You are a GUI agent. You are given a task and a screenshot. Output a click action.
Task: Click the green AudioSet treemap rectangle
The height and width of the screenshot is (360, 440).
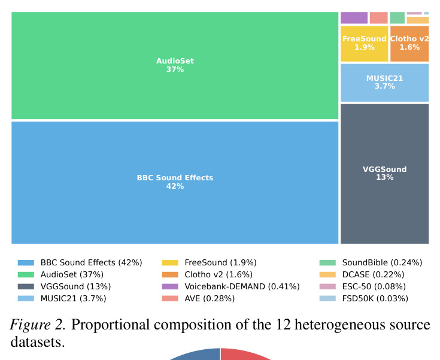coord(175,65)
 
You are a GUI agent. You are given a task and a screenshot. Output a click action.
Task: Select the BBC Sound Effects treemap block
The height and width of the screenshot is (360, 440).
coord(175,183)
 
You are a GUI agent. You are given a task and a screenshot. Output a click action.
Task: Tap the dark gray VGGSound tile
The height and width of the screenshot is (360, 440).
coord(385,174)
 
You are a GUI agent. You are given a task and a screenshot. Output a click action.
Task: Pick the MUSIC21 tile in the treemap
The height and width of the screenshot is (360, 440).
coord(385,83)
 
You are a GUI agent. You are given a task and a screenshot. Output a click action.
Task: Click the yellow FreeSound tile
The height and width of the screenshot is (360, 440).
coord(365,44)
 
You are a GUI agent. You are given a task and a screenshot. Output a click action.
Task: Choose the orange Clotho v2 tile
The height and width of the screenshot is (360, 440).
coord(409,44)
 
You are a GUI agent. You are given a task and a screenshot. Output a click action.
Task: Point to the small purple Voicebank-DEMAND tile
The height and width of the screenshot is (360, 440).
coord(354,18)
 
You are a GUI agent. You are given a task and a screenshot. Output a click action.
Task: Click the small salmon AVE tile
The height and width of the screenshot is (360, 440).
coord(378,18)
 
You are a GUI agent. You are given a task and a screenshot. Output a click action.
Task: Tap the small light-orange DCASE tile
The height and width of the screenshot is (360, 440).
coord(418,20)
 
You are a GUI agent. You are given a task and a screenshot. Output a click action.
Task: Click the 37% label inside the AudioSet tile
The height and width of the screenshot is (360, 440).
coord(175,69)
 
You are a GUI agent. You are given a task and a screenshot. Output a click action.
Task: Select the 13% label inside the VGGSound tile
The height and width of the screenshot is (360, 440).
coord(385,177)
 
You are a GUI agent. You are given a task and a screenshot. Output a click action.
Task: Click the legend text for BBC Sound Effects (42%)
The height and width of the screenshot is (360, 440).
coord(92,262)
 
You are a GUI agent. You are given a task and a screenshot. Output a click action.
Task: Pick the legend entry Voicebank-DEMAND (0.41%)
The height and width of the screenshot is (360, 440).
coord(242,286)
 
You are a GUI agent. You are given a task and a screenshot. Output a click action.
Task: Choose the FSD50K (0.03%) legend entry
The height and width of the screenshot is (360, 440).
coord(375,298)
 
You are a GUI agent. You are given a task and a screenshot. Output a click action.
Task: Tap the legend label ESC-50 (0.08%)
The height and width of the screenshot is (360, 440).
coord(374,286)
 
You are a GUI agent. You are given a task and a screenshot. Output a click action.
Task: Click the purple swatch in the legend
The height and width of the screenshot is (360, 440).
coord(170,286)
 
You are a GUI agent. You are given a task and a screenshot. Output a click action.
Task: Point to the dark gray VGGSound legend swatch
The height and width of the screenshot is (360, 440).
coord(26,286)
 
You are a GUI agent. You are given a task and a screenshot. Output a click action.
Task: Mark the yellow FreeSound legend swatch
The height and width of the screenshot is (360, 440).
coord(170,263)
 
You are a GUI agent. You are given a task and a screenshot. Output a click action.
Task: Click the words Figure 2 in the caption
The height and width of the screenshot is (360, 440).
coord(38,325)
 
